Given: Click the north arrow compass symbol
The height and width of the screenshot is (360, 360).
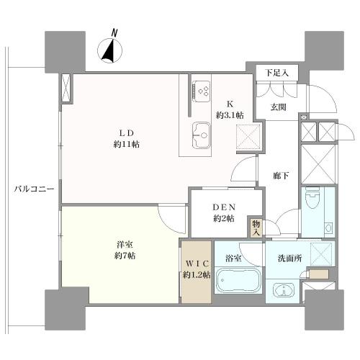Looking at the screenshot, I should point(110,48).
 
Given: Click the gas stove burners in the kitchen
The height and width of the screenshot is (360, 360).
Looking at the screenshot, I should point(202,92).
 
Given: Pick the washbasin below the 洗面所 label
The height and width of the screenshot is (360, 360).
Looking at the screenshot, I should point(285,290).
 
